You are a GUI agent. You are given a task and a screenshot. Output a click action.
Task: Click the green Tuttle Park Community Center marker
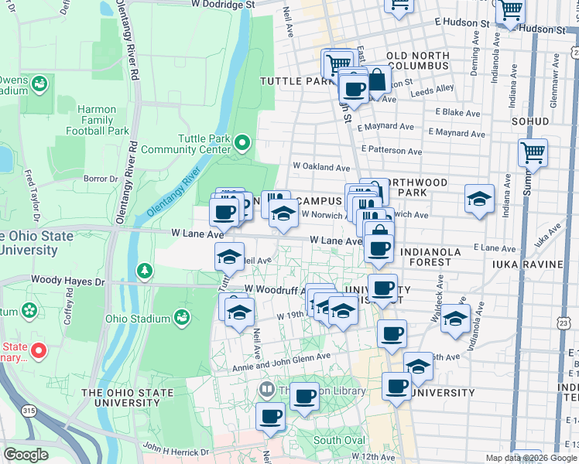click(242, 142)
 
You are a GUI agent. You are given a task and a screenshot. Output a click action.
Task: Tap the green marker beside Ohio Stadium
click(181, 317)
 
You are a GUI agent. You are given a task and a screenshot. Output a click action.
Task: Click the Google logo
click(26, 455)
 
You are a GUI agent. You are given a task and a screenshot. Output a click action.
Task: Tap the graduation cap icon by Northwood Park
click(479, 199)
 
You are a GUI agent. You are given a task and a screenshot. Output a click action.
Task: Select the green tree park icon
click(144, 271)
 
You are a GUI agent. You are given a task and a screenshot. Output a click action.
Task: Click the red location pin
click(37, 350)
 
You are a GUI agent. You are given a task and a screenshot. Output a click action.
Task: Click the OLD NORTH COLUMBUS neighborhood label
click(418, 61)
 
